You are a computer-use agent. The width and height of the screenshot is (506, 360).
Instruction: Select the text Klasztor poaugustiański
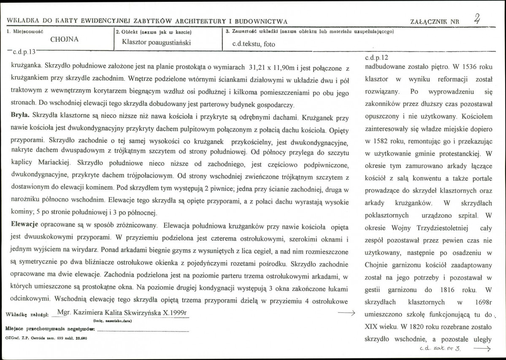tap(156, 42)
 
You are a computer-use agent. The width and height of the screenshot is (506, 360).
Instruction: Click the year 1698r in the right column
tap(481, 302)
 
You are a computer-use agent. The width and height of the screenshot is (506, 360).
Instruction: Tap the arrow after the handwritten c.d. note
tap(482, 349)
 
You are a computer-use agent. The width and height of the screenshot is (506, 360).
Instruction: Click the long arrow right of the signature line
tap(347, 313)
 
